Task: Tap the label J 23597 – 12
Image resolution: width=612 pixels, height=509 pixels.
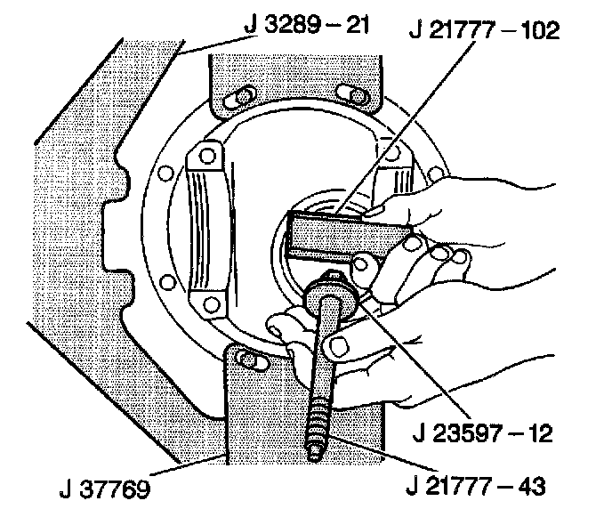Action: [484, 435]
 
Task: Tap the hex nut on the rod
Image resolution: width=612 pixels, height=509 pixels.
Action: [331, 294]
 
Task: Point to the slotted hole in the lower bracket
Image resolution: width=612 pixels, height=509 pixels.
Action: [254, 360]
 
